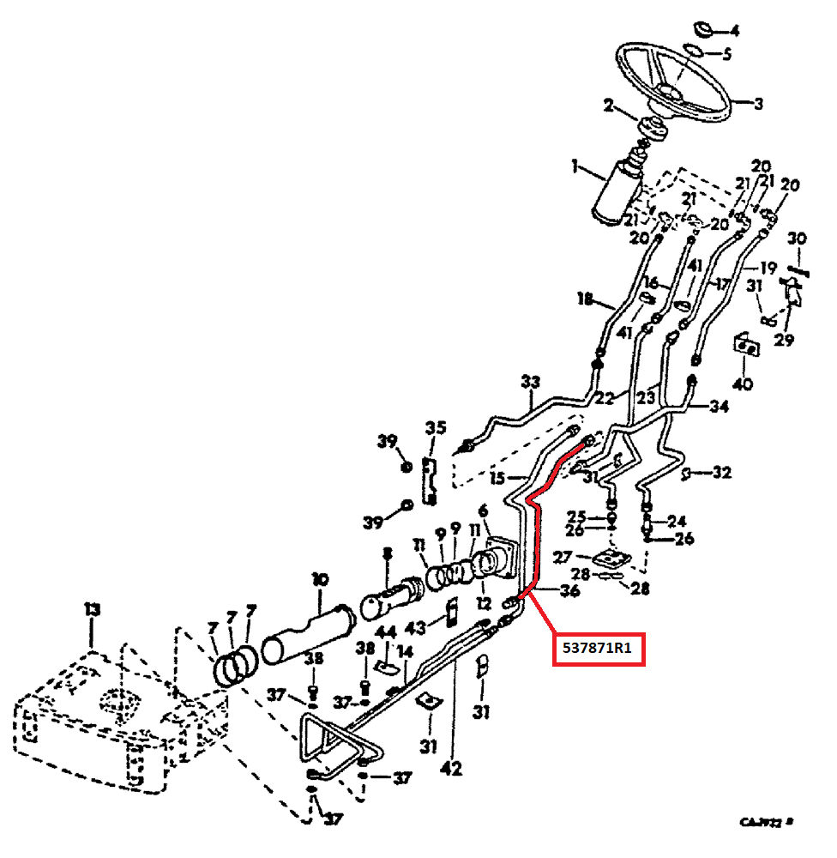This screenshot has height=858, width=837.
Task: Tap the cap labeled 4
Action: [x=703, y=30]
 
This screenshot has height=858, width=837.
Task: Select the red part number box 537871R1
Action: [x=597, y=648]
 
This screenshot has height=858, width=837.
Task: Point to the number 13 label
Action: [x=92, y=609]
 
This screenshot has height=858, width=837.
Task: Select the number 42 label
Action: [x=450, y=768]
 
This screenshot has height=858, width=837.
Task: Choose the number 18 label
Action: [x=585, y=299]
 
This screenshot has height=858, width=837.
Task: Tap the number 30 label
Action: [x=797, y=239]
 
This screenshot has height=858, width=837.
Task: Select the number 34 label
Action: [x=719, y=407]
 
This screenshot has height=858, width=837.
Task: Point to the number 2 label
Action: [x=608, y=106]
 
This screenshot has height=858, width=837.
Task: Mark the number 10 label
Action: [x=320, y=579]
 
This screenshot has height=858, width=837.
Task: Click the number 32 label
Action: [x=721, y=472]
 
